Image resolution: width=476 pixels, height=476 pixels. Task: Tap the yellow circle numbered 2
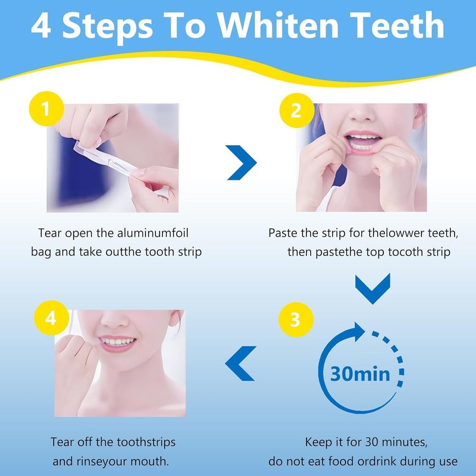[x=295, y=111]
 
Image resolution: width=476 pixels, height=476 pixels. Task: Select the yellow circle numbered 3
[x=295, y=320]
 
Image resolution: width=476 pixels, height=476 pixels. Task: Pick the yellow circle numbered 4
[x=51, y=318]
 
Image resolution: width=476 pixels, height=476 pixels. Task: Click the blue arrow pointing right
[x=242, y=161]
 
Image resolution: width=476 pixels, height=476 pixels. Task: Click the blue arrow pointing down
[x=372, y=288]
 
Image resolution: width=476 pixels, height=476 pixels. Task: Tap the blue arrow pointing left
[x=240, y=363]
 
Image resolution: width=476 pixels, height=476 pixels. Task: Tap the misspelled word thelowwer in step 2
[x=382, y=233]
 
